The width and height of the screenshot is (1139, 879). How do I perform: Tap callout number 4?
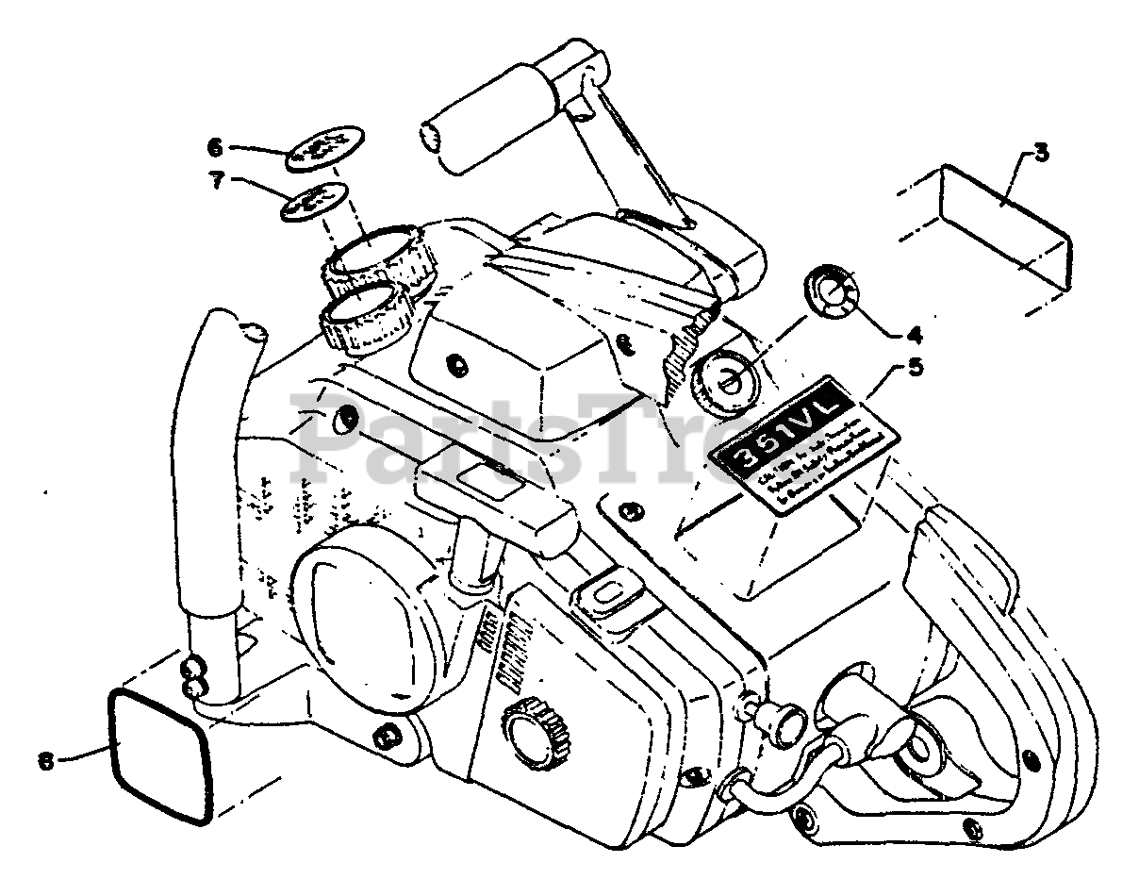[x=914, y=335]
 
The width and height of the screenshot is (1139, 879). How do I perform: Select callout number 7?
[x=218, y=181]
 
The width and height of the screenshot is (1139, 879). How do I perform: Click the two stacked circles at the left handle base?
[x=194, y=677]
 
